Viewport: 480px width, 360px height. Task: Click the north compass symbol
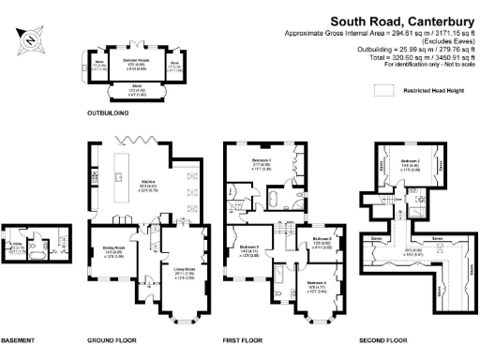(29, 40)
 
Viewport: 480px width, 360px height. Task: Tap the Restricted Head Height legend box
(384, 91)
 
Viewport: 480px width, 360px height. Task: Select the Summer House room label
(138, 63)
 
